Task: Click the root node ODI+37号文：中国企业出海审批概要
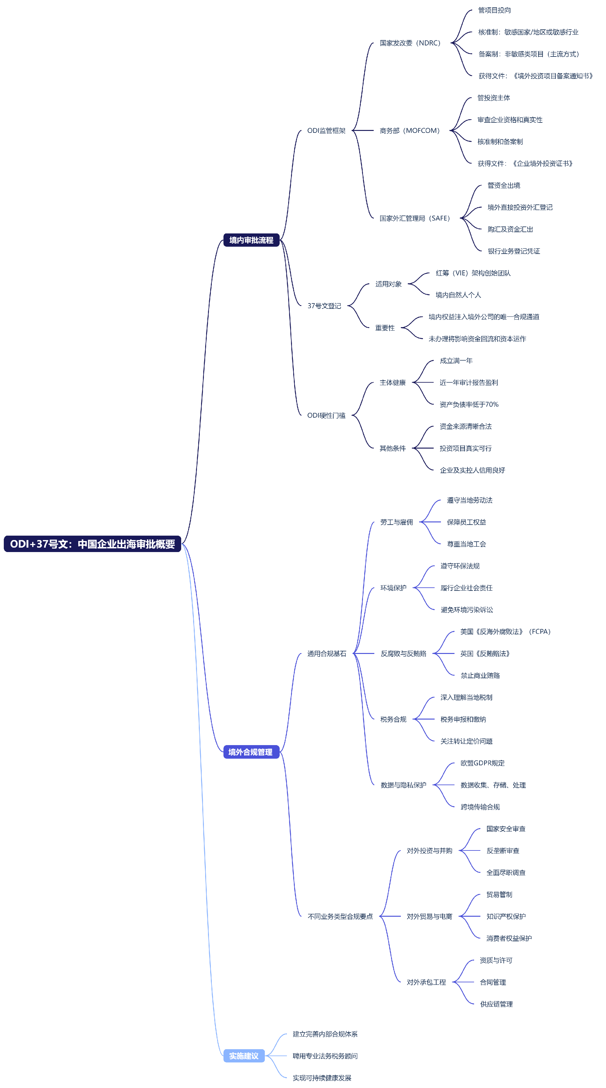pyautogui.click(x=92, y=544)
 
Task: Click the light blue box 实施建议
pyautogui.click(x=244, y=1056)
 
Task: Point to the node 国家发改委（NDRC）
pyautogui.click(x=410, y=43)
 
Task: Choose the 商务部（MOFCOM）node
pyautogui.click(x=409, y=131)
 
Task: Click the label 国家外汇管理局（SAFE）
pyautogui.click(x=414, y=218)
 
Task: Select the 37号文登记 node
pyautogui.click(x=324, y=306)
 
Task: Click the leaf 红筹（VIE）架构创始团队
pyautogui.click(x=473, y=273)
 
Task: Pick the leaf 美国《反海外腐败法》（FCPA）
pyautogui.click(x=505, y=632)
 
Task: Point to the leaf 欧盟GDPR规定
pyautogui.click(x=482, y=763)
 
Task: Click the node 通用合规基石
pyautogui.click(x=327, y=653)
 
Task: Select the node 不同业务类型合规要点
pyautogui.click(x=340, y=916)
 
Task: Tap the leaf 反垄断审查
pyautogui.click(x=502, y=851)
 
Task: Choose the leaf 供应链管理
pyautogui.click(x=496, y=1004)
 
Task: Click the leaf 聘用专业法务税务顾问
pyautogui.click(x=325, y=1056)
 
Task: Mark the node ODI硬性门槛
pyautogui.click(x=326, y=415)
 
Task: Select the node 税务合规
pyautogui.click(x=393, y=719)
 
